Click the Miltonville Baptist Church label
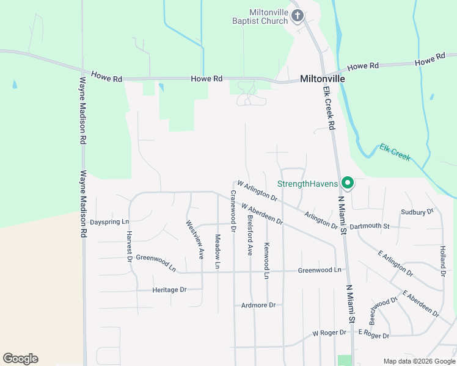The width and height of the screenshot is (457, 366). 268,16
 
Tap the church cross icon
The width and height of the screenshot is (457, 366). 298,15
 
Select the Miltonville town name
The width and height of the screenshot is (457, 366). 323,79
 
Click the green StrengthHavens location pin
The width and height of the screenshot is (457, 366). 348,182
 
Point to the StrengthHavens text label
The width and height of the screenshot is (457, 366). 308,184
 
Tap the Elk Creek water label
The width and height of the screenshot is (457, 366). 395,152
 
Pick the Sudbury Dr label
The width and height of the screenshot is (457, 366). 417,212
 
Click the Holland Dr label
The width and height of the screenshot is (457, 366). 442,260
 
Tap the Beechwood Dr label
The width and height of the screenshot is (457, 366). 383,310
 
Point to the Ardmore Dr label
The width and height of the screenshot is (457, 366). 258,305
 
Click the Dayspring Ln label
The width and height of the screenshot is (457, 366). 110,221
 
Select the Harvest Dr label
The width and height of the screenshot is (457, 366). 130,246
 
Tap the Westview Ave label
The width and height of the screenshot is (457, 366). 195,240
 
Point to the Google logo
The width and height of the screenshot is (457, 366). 20,359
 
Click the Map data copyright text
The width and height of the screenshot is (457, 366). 419,361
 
